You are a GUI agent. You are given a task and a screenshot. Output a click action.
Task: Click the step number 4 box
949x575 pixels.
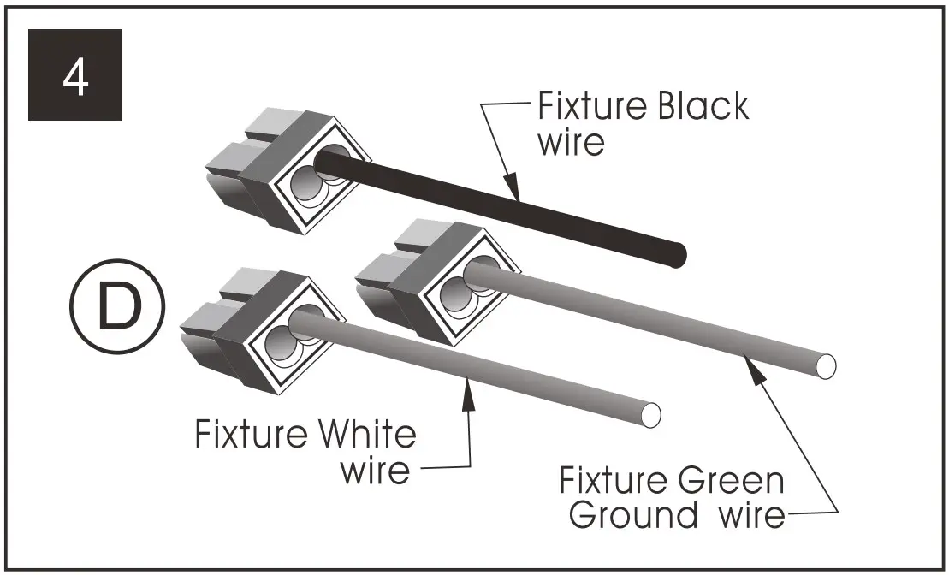pyautogui.click(x=75, y=74)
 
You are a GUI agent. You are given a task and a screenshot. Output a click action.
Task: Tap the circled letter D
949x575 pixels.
pyautogui.click(x=118, y=308)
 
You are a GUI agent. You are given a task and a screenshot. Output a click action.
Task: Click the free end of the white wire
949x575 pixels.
pyautogui.click(x=650, y=414)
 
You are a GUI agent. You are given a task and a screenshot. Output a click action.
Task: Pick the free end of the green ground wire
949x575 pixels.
pyautogui.click(x=824, y=365)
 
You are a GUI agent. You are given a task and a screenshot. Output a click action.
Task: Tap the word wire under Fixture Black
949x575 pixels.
pyautogui.click(x=570, y=142)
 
